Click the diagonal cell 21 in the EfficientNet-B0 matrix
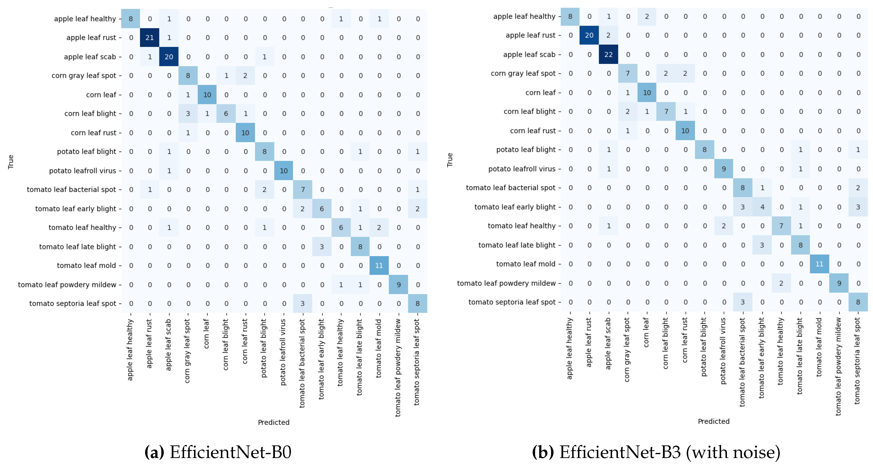[149, 38]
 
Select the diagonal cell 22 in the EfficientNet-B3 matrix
[608, 54]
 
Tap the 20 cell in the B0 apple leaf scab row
[169, 57]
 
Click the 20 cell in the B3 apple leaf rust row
[589, 35]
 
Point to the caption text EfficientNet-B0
[230, 452]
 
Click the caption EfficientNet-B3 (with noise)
[669, 452]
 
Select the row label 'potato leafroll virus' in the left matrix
[82, 171]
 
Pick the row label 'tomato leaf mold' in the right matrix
[526, 264]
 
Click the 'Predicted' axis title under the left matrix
[273, 422]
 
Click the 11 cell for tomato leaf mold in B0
[379, 266]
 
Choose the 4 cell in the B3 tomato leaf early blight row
[762, 207]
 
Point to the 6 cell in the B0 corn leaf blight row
[226, 114]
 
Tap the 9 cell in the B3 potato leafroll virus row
[724, 169]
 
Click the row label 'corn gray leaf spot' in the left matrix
[84, 76]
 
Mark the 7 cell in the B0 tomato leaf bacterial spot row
[303, 190]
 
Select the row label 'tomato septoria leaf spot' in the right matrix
[512, 302]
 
